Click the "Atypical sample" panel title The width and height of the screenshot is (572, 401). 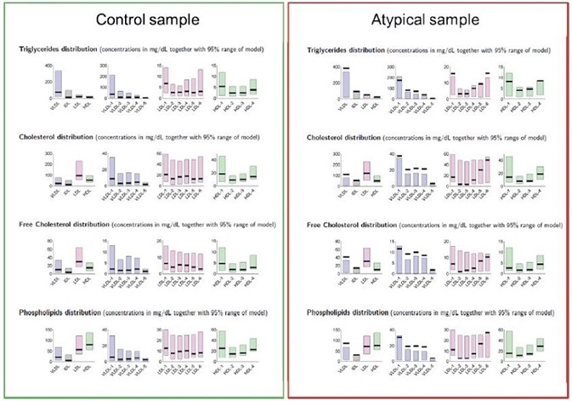pyautogui.click(x=428, y=20)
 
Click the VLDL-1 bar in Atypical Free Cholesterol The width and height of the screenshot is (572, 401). pyautogui.click(x=399, y=259)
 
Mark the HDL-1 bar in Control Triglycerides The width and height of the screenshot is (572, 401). pyautogui.click(x=222, y=82)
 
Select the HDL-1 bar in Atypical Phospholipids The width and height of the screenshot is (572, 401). pyautogui.click(x=509, y=344)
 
